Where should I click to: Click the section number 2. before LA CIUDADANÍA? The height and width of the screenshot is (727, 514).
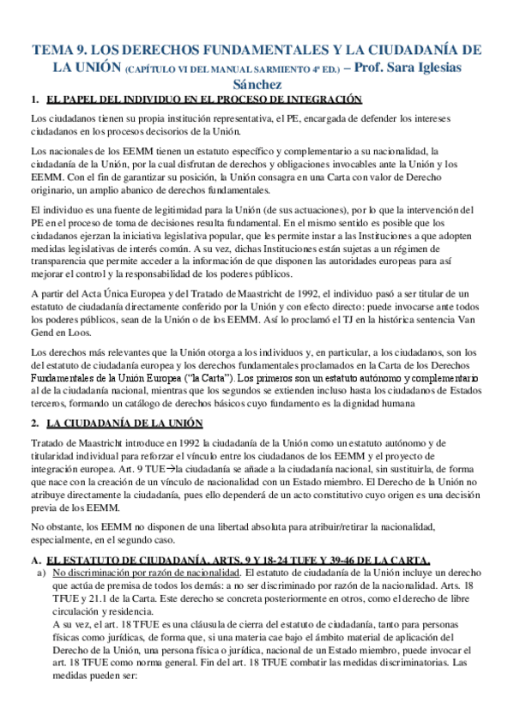pos(34,423)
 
